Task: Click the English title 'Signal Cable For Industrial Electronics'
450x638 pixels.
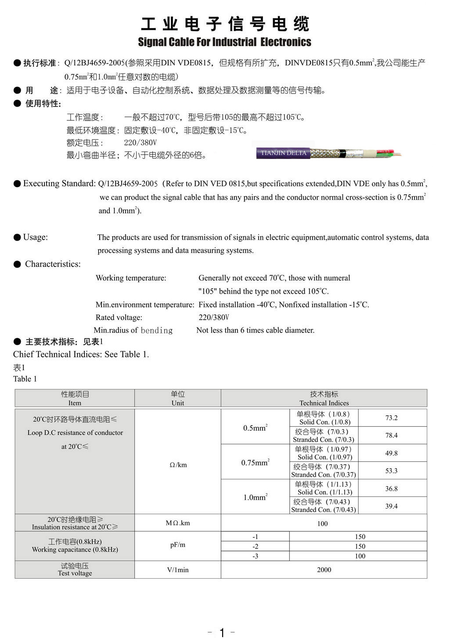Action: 224,42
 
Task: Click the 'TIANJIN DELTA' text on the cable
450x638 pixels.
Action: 284,153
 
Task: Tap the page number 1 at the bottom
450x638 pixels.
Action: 222,632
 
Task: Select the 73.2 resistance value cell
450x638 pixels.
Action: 391,418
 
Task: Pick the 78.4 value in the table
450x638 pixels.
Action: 391,435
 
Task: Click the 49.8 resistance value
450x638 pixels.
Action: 391,453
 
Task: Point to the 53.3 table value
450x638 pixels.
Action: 391,471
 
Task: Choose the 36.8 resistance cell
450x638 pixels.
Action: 391,489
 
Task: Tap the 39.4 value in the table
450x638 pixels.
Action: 391,506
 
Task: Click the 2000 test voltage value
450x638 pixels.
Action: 324,570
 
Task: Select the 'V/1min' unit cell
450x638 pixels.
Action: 178,570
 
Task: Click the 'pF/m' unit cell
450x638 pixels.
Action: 178,544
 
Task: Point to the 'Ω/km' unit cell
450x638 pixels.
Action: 178,465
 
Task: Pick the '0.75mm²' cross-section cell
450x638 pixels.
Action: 255,462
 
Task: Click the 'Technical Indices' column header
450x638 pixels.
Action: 324,403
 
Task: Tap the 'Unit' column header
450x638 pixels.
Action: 178,403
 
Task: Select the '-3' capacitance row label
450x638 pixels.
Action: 255,556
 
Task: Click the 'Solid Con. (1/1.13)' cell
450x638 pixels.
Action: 324,492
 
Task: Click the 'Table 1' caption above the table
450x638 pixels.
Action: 25,379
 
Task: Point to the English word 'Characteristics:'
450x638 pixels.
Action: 53,264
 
